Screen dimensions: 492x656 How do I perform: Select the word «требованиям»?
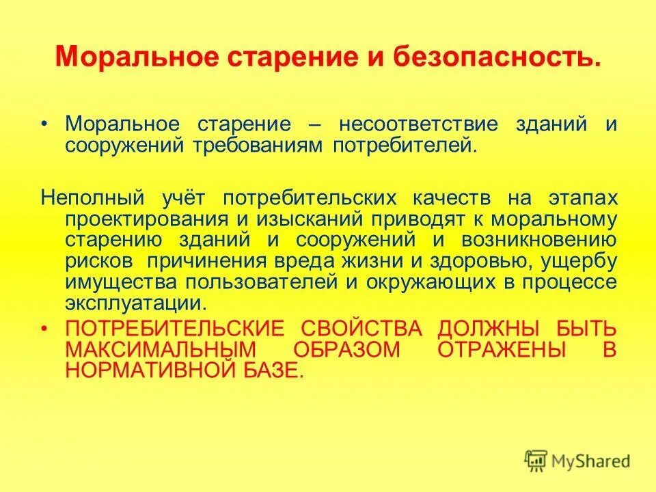tap(269, 146)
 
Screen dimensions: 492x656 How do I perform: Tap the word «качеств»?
tap(454, 198)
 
